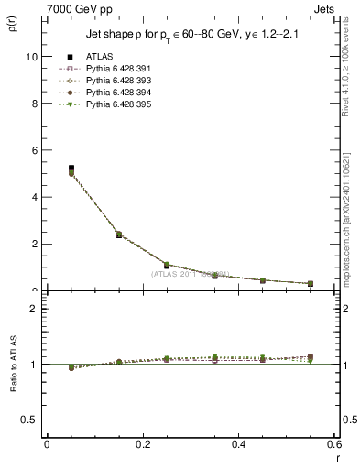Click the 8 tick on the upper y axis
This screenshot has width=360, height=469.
click(35, 104)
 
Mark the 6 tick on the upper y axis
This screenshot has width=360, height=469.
click(35, 150)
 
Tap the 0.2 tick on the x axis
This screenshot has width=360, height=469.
click(143, 445)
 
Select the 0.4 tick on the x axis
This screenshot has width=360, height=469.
click(239, 445)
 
